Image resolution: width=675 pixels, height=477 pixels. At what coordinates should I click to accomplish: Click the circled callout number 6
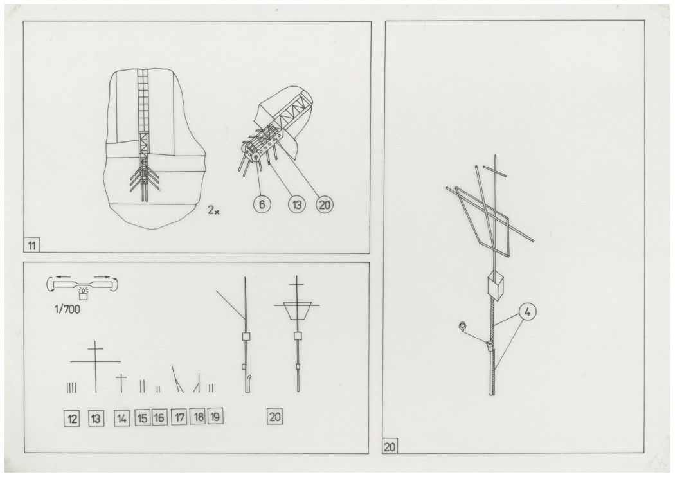point(262,204)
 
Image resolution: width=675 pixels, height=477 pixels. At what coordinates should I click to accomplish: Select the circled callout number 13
point(297,204)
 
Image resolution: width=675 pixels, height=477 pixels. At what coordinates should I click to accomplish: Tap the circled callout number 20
point(325,204)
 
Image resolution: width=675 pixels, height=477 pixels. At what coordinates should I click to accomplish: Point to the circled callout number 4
point(528,312)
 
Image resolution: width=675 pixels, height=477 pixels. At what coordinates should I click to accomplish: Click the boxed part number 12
point(72,418)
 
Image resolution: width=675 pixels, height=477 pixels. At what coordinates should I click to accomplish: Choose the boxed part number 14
point(122,418)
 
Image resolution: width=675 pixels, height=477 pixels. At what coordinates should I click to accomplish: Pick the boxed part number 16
point(159,417)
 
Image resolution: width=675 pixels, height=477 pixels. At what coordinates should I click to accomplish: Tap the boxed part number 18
point(198,417)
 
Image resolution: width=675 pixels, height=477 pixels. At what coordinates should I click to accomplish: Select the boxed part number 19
point(215,417)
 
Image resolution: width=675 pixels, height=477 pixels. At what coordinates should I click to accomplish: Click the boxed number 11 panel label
point(32,246)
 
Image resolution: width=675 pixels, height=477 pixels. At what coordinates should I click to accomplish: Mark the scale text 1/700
point(67,309)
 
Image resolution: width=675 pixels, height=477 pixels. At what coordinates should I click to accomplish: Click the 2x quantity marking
point(213,210)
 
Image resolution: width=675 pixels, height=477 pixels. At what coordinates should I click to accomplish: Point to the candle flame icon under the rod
point(83,293)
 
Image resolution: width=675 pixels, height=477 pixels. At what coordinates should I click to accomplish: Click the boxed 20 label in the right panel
point(390,446)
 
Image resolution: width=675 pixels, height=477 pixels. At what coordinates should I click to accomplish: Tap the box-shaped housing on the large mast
point(495,284)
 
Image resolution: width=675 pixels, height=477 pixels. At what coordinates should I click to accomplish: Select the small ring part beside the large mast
point(463,327)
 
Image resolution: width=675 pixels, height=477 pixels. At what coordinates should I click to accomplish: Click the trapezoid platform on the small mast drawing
point(296,310)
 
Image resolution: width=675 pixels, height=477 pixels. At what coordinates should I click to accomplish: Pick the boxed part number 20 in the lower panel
point(275,417)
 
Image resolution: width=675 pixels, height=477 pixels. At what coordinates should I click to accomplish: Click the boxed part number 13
point(96,418)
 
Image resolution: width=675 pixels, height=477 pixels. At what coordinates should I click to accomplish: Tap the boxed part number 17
point(179,417)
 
